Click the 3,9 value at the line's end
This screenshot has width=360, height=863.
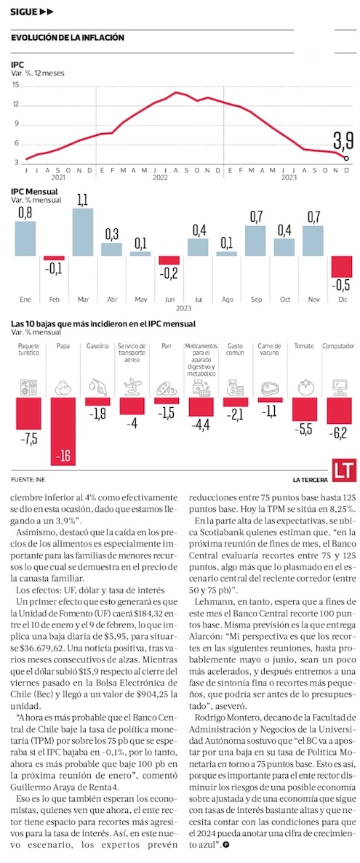pos(342,142)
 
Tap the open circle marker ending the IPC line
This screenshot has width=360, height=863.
pos(346,158)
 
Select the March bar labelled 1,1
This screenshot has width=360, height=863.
pos(83,232)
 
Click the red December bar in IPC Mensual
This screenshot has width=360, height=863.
pos(341,266)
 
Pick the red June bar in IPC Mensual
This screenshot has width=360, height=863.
pos(169,260)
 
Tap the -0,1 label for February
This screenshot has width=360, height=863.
pos(54,268)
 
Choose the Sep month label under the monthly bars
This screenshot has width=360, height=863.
pos(255,300)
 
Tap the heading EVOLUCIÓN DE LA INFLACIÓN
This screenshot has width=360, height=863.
pos(67,37)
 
